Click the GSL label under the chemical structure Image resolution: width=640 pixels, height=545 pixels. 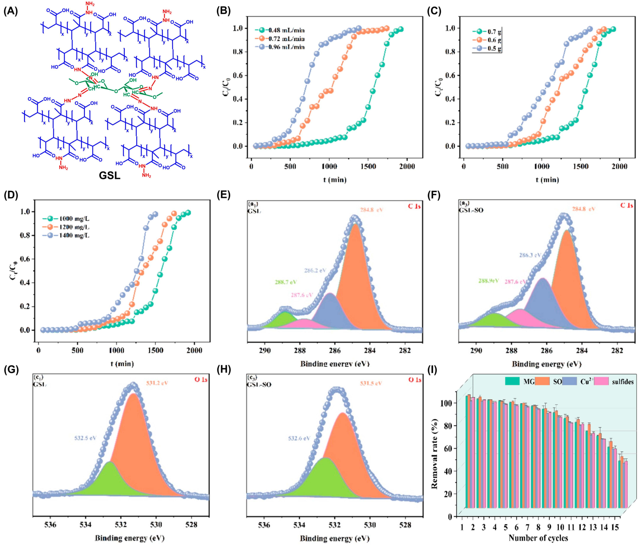(109, 175)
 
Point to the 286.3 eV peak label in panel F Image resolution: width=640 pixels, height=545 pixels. (530, 255)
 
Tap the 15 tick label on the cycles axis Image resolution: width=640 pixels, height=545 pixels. (615, 527)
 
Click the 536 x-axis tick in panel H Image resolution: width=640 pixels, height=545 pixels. (264, 525)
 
